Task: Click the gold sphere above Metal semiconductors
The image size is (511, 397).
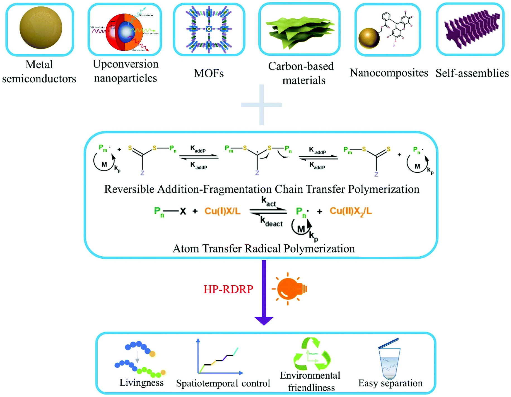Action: [x=41, y=28]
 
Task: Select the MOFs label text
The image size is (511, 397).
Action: [x=209, y=73]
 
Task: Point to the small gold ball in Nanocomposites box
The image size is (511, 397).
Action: [x=369, y=38]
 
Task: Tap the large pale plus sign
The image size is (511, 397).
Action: [x=261, y=105]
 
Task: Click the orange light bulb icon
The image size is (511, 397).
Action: [x=290, y=289]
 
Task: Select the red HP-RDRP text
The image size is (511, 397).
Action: [x=228, y=289]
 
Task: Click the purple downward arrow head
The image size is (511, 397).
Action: [x=264, y=321]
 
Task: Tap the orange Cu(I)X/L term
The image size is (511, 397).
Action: [x=222, y=211]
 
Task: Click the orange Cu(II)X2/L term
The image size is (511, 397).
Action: [x=350, y=211]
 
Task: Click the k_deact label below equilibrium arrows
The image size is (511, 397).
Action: [x=271, y=222]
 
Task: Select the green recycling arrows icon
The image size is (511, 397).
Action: [x=312, y=354]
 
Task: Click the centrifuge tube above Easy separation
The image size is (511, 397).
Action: [x=389, y=361]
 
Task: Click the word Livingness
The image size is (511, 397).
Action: [x=141, y=382]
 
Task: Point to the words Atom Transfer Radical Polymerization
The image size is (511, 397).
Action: [x=264, y=249]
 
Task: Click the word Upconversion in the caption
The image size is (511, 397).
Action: [x=125, y=64]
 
